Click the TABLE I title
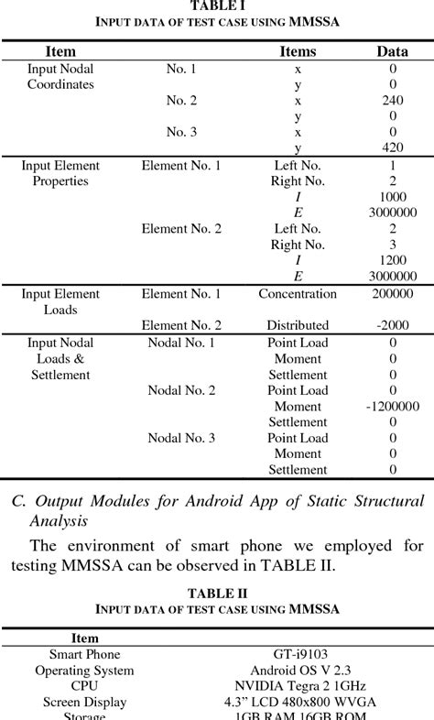pos(217,5)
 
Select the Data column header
pos(392,51)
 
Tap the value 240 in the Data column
pos(392,101)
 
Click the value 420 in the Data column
pos(392,147)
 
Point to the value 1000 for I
pos(392,197)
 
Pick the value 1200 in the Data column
pos(392,260)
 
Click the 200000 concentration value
pos(392,294)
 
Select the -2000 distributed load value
pos(392,325)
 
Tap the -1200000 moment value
pos(392,406)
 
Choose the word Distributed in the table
pos(298,325)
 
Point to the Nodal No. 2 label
pos(181,390)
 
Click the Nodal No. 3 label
pos(181,438)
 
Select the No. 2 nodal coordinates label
pos(181,101)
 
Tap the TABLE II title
pos(217,594)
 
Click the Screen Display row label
pos(84,702)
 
